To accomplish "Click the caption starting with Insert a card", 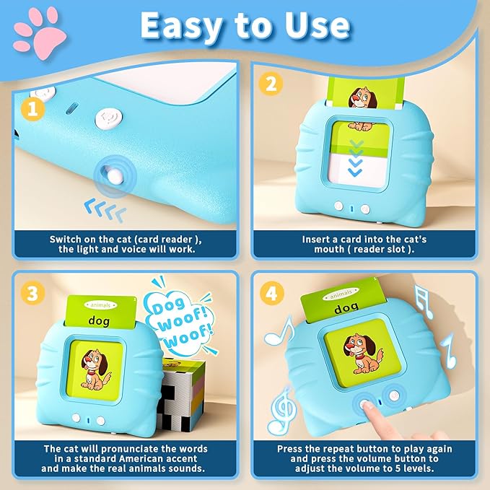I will [x=364, y=244].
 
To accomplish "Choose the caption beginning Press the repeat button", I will [x=364, y=458].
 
